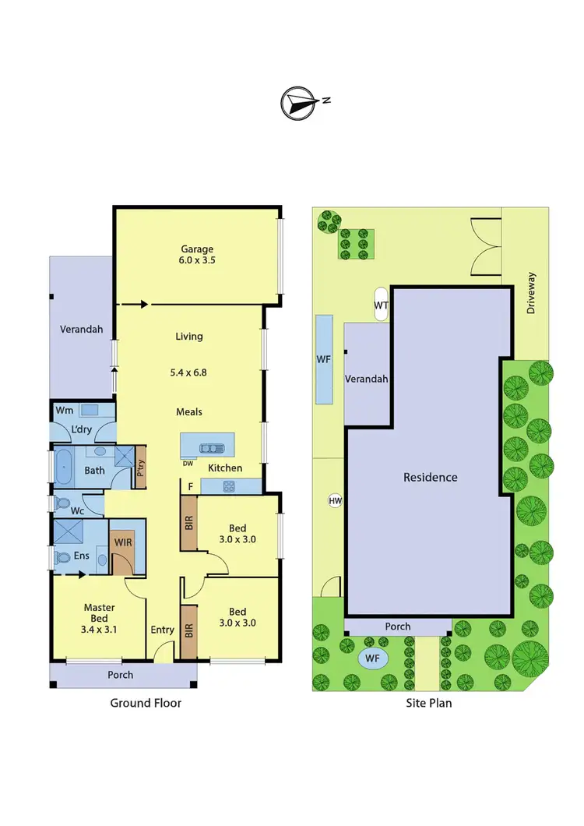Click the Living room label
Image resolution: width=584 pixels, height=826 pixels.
click(189, 337)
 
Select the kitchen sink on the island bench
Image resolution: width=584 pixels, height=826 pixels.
click(211, 448)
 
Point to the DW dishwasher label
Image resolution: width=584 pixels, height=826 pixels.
click(188, 463)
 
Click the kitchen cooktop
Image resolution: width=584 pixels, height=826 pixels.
click(230, 487)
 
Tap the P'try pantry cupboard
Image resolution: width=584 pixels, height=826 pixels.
click(141, 467)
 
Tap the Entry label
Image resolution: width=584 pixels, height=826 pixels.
click(163, 630)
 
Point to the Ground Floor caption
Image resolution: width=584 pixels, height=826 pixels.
click(146, 703)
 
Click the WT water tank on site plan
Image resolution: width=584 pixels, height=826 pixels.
click(382, 305)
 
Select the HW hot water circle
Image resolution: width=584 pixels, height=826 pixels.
click(336, 500)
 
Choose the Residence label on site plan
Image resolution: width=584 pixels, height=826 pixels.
click(430, 477)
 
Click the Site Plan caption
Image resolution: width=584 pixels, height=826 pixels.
click(427, 703)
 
